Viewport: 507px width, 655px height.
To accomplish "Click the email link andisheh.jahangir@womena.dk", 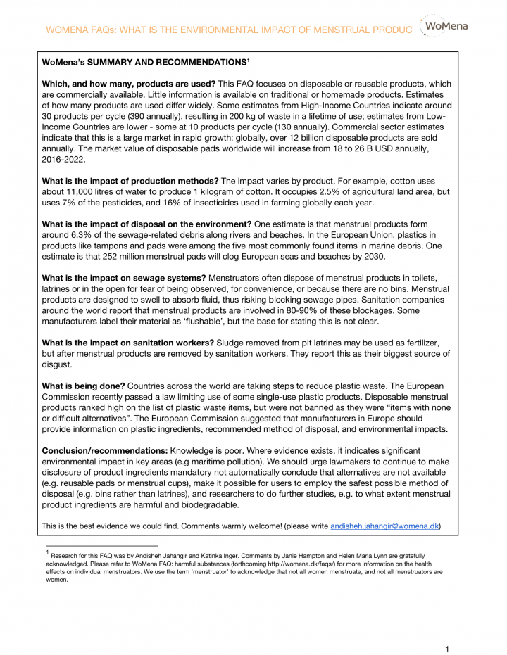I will click(384, 526).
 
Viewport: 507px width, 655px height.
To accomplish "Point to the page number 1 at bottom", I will click(447, 647).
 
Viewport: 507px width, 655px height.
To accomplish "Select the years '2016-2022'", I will click(64, 159).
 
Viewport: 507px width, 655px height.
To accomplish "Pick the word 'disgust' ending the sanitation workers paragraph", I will click(57, 364).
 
